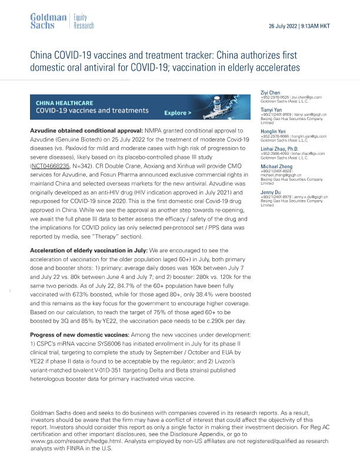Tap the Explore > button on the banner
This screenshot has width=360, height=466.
pos(178,112)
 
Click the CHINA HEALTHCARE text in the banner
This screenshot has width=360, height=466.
pos(64,101)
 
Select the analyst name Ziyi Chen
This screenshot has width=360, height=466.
pos(271,92)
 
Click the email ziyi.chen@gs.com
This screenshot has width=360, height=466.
pos(306,98)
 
